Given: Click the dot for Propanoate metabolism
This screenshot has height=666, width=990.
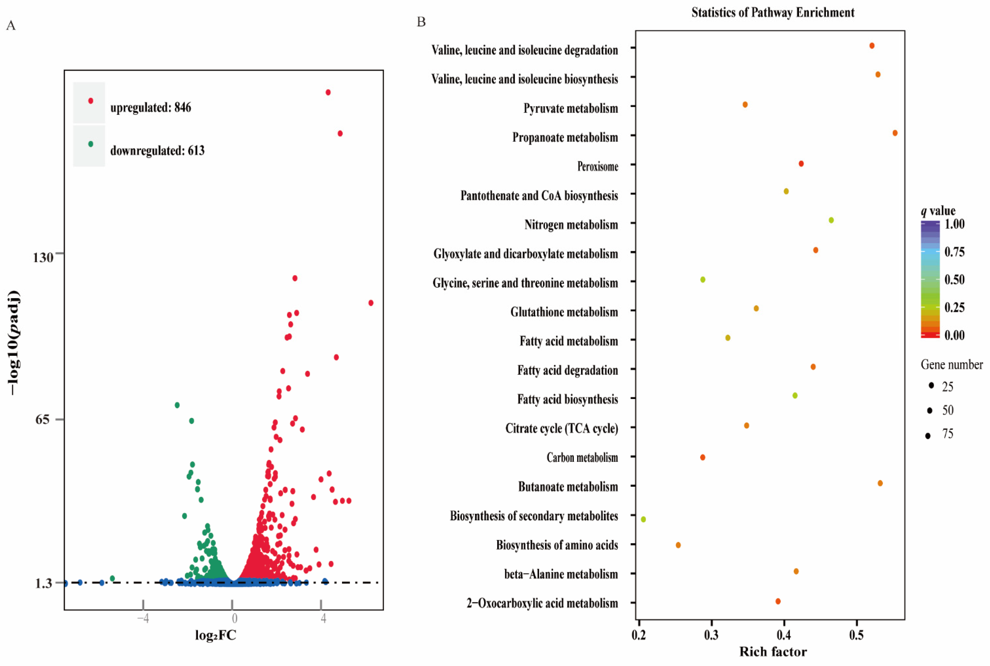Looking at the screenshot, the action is [895, 133].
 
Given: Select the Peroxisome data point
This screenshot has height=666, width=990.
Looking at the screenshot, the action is [801, 163].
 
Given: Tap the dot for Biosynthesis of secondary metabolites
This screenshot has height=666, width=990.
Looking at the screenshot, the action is [643, 519].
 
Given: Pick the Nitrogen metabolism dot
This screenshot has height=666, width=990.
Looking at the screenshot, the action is [831, 220].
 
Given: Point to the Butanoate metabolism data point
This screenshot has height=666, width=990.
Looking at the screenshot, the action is [880, 483].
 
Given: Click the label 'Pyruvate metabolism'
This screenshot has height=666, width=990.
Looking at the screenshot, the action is [570, 108].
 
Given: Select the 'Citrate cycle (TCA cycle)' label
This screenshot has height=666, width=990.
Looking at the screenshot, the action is [561, 428].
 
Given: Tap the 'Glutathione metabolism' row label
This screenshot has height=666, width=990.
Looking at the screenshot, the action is [564, 312].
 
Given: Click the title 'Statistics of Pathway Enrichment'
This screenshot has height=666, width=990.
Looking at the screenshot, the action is [772, 12].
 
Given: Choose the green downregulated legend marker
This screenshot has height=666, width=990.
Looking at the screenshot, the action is [90, 144].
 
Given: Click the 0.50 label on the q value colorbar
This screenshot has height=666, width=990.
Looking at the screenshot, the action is [954, 280].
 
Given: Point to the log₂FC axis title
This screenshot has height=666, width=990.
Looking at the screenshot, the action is [215, 635].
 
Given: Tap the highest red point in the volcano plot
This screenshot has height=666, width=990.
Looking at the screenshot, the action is [328, 92].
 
